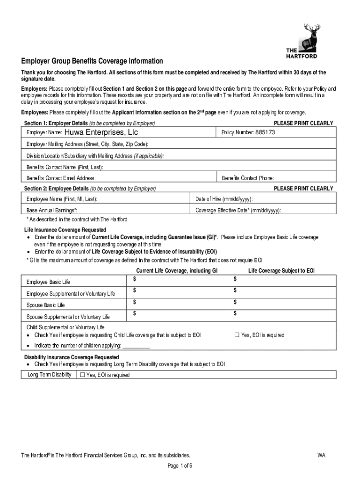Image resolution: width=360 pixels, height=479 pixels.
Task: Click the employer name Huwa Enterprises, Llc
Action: coord(101,132)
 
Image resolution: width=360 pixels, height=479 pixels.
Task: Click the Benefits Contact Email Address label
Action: coord(61,178)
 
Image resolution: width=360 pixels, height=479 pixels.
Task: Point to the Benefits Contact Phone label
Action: coord(248,178)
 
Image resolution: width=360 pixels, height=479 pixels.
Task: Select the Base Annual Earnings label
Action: coord(52,211)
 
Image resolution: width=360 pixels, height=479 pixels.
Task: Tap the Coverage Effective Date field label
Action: coord(238,211)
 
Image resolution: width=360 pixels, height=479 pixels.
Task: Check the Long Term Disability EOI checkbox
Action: coord(83,375)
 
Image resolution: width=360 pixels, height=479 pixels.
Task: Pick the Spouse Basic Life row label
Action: coord(46,305)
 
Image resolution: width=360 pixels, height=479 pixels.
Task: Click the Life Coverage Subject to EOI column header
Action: coord(281,270)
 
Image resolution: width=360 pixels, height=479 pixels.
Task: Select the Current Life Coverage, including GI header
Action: coord(177,270)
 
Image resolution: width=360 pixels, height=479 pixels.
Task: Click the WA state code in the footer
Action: coord(321,455)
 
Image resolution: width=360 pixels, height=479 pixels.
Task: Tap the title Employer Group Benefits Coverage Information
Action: coord(92,61)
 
